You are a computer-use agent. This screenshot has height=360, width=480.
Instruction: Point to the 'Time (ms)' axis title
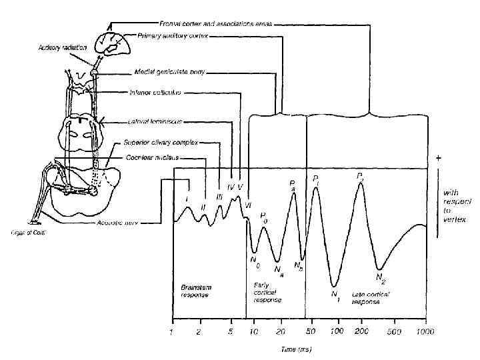pos(297,349)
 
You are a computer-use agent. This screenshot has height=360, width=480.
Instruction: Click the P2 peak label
pos(361,177)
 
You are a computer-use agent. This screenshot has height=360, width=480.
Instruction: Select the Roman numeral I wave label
pos(188,199)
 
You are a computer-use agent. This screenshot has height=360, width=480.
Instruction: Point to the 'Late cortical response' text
pos(365,298)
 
